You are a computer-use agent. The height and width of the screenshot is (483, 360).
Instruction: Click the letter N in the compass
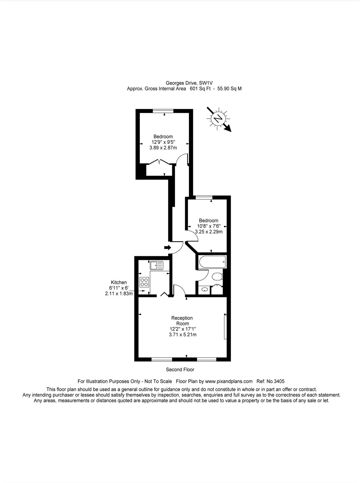(218, 119)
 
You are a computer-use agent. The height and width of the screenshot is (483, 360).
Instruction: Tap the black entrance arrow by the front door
(168, 247)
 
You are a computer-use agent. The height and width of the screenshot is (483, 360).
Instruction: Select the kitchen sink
(157, 265)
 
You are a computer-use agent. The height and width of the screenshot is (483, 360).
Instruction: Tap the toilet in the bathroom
(217, 277)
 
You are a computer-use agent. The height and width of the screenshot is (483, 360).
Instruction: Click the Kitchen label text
(119, 282)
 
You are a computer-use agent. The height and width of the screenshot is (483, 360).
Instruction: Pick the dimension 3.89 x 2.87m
(163, 148)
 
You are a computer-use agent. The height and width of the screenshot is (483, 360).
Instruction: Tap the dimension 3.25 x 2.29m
(209, 231)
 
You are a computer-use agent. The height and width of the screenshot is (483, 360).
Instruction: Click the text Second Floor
(180, 370)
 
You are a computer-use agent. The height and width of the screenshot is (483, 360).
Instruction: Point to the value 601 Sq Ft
(200, 89)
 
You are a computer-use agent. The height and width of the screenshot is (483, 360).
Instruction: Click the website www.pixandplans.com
(229, 381)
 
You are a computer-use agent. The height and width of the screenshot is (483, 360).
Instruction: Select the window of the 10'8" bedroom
(204, 198)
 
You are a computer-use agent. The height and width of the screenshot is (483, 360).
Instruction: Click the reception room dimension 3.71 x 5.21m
(183, 335)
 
